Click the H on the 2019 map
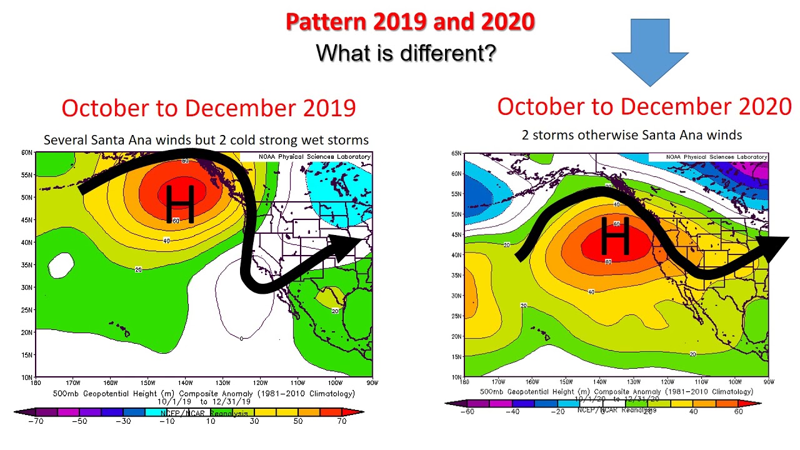(181, 203)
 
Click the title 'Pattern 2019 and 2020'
(410, 22)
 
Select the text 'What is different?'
(406, 52)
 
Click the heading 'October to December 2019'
(209, 108)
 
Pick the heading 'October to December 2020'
(644, 107)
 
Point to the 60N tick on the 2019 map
(27, 152)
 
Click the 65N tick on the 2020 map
(456, 153)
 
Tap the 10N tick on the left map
(27, 377)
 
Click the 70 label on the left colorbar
(341, 421)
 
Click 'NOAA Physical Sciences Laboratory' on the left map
(314, 156)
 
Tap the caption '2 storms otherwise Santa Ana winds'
(632, 135)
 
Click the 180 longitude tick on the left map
(36, 382)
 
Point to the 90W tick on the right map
(768, 381)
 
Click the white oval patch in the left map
(61, 265)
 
